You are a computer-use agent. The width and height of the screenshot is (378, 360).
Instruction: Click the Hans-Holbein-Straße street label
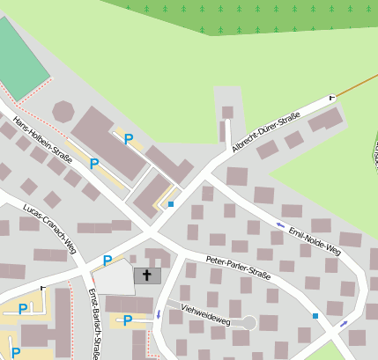pos(41,140)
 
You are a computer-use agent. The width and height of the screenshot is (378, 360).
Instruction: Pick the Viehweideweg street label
pos(205,314)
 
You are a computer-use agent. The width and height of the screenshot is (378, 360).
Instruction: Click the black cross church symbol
pos(148,276)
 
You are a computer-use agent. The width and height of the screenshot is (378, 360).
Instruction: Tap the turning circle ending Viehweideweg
pos(249,323)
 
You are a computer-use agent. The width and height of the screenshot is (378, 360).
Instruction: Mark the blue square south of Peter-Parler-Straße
pos(315,315)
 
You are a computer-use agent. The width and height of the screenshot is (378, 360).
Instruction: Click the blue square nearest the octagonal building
pos(171,204)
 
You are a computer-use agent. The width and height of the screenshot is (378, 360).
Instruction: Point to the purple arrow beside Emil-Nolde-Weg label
pos(280,225)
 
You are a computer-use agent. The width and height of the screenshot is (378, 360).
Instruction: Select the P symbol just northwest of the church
pos(107,261)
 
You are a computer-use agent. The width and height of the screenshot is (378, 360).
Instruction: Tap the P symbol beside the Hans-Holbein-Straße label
pos(93,164)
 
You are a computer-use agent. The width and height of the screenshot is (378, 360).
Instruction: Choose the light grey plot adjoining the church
pos(114,279)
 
